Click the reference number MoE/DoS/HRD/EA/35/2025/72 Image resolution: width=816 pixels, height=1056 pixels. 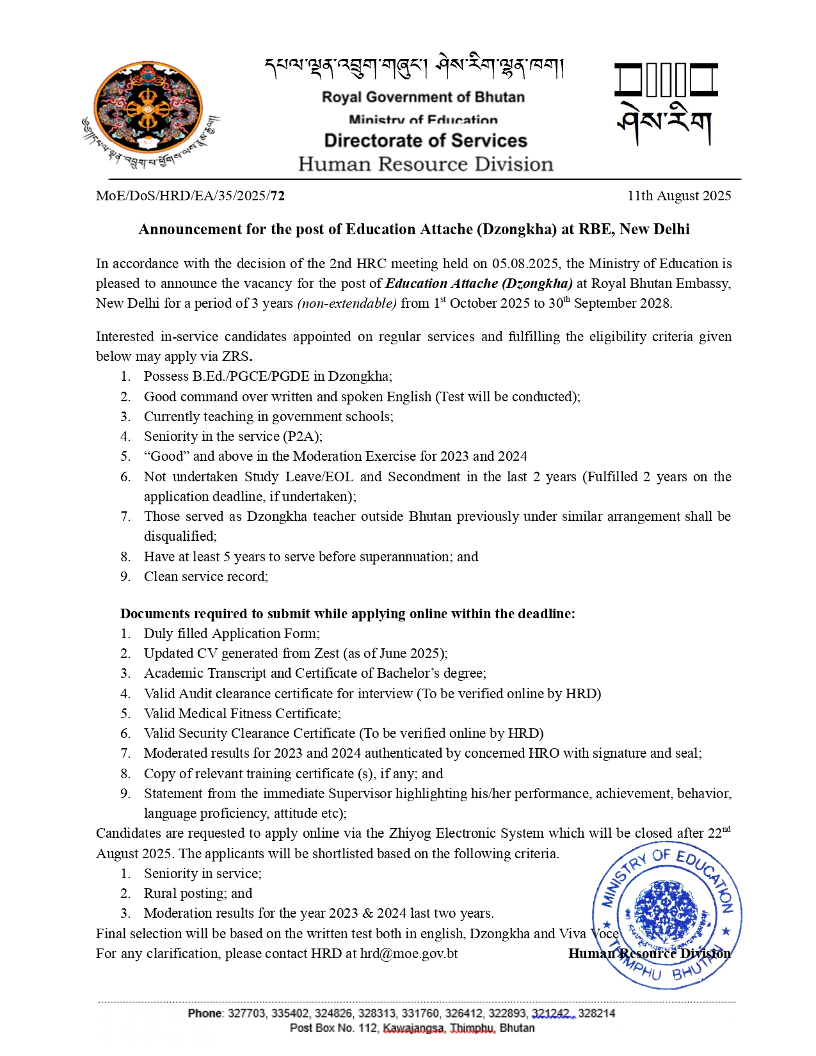point(190,196)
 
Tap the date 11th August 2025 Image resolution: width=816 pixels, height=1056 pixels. point(678,196)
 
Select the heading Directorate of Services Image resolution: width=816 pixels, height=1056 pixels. point(425,141)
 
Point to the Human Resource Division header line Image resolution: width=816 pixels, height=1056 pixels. point(425,164)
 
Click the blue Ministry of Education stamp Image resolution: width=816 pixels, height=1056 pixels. point(667,915)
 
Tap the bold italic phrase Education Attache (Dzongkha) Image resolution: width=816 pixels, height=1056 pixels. point(479,284)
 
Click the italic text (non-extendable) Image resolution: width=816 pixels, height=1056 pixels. point(347,303)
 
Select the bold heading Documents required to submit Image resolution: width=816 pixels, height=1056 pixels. point(348,614)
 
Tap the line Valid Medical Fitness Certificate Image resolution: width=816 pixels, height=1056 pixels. point(242,714)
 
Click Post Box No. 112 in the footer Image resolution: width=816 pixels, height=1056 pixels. point(333,1028)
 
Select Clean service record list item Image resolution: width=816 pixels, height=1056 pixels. point(205,577)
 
